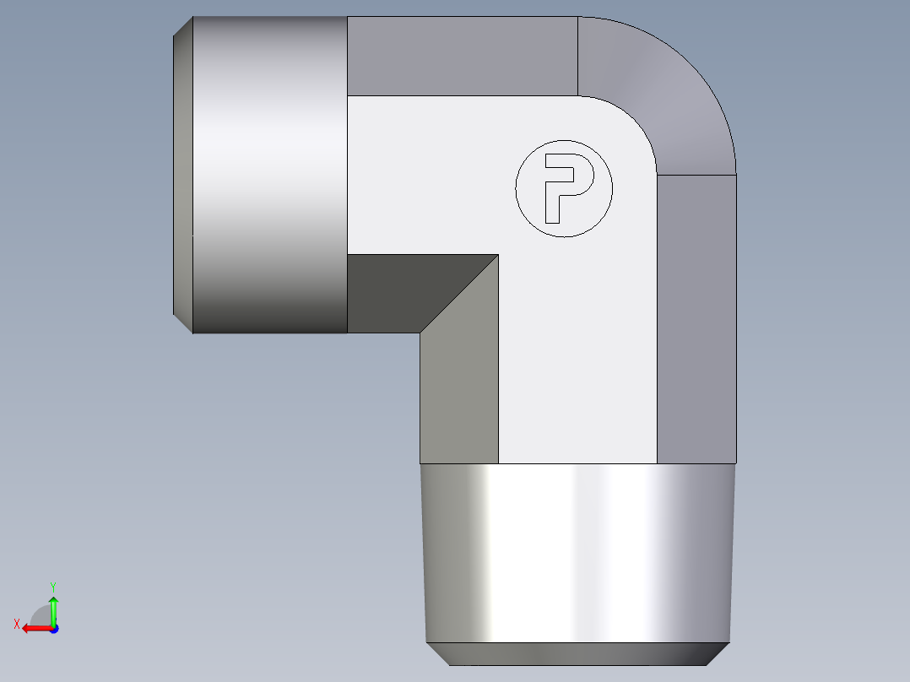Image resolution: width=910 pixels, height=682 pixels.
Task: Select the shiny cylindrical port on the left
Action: click(270, 175)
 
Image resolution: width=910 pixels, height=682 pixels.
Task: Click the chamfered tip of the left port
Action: click(182, 175)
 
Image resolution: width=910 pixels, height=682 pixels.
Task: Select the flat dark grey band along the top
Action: click(462, 56)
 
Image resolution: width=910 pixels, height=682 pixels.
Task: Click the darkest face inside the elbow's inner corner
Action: click(397, 291)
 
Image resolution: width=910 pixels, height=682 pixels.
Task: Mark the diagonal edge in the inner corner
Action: click(459, 294)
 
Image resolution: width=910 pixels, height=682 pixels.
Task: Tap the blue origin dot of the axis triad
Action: click(53, 629)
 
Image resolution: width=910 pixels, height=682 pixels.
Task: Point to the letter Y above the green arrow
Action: click(52, 586)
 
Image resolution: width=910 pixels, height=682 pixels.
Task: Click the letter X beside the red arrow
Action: click(16, 624)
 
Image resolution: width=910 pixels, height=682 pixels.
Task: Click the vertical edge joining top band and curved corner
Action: click(577, 56)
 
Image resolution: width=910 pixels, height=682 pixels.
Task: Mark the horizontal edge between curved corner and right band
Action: click(696, 175)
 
